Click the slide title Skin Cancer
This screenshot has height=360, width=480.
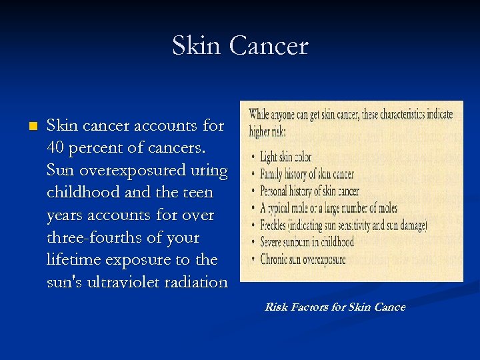(240, 46)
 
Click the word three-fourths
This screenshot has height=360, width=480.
(101, 237)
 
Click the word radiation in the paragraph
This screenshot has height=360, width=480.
(195, 282)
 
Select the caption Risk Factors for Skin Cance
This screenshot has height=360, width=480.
(335, 307)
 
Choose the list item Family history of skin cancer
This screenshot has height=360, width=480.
(306, 174)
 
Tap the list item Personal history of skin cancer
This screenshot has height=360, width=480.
(309, 191)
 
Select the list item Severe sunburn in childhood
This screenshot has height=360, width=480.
(307, 242)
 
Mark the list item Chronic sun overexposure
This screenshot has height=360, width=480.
(303, 259)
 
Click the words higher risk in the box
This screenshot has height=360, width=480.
(267, 131)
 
